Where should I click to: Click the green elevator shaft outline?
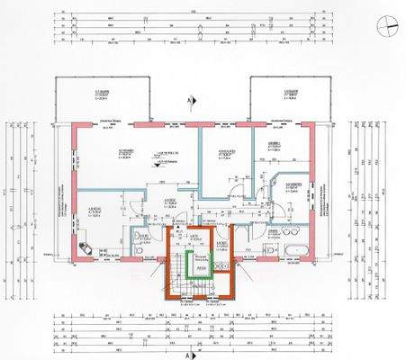[203, 267]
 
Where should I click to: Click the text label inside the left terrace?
[86, 96]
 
